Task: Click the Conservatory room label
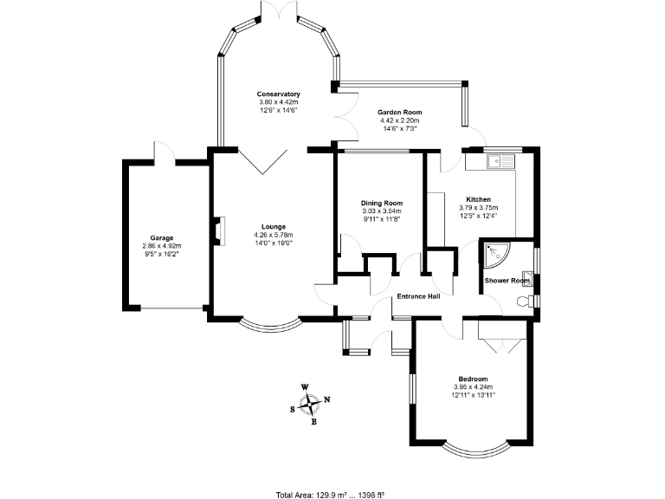click(278, 94)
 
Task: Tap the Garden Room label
click(399, 113)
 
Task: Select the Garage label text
click(162, 238)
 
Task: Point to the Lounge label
click(274, 227)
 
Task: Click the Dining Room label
click(382, 204)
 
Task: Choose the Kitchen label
click(478, 199)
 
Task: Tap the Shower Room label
click(507, 281)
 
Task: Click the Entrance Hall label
click(418, 296)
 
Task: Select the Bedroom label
click(473, 379)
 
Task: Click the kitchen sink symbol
click(500, 161)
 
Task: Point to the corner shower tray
click(496, 256)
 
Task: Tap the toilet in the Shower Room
click(525, 301)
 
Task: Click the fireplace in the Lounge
click(220, 231)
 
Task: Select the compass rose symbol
click(310, 405)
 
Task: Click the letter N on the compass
click(327, 399)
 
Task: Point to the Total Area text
click(331, 495)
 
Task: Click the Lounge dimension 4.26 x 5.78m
click(274, 235)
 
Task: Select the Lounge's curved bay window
click(270, 325)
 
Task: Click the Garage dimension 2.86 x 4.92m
click(162, 246)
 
